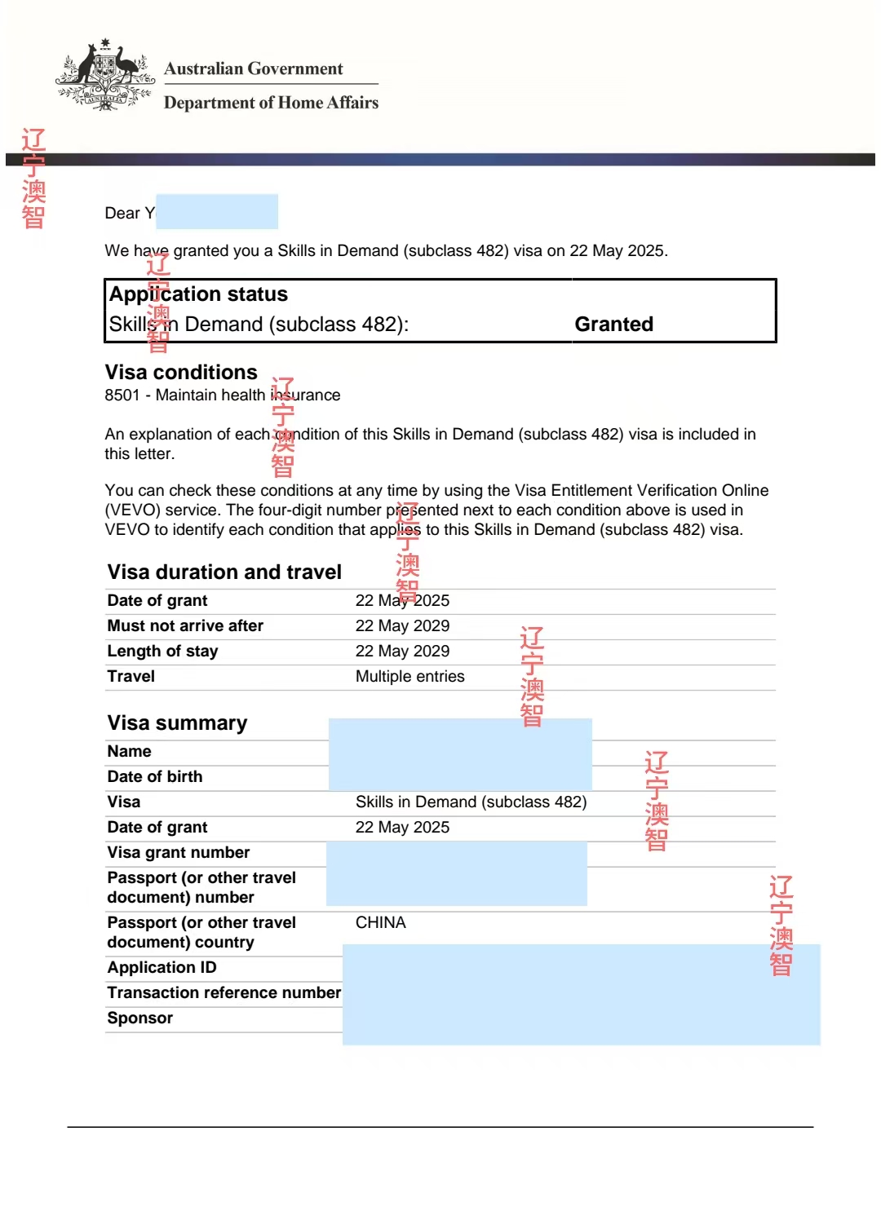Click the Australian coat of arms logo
tap(105, 75)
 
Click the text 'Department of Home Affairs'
tap(271, 103)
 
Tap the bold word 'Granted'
tap(613, 325)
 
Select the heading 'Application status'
tap(198, 294)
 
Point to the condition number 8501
tap(122, 395)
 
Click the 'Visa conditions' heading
tap(181, 373)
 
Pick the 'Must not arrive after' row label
tap(185, 626)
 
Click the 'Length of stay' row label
tap(162, 652)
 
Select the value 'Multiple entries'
tap(410, 677)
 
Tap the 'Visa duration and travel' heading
tap(224, 572)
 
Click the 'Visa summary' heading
tap(177, 723)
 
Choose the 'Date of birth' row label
tap(155, 777)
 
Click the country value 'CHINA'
tap(380, 923)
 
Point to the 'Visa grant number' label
tap(179, 853)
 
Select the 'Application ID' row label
tap(162, 968)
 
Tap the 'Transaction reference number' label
tap(224, 993)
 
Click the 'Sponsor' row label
tap(139, 1018)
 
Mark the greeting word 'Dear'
tap(122, 214)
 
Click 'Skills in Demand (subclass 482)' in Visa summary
tap(471, 802)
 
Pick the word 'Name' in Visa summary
tap(129, 752)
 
